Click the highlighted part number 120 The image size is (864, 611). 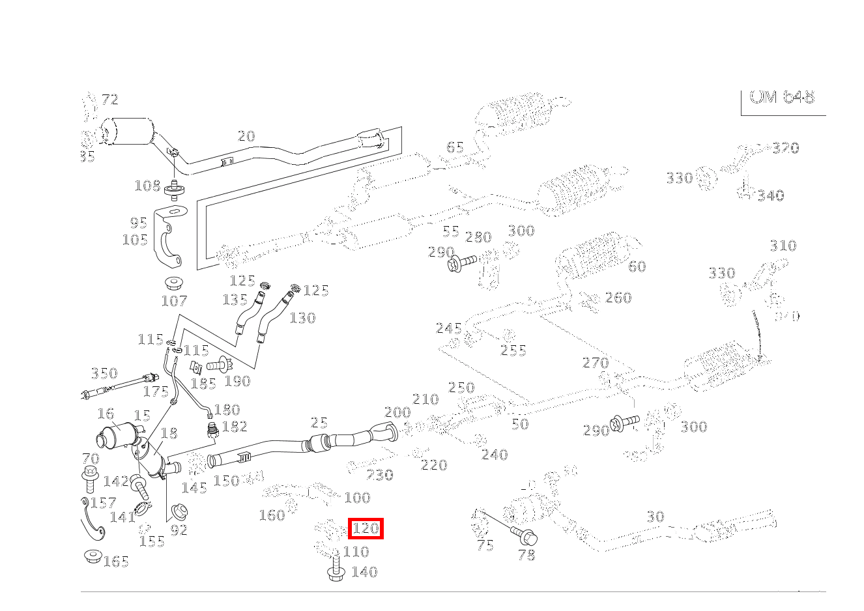(x=366, y=529)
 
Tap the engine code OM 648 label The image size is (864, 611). (x=782, y=97)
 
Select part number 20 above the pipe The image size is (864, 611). (x=246, y=136)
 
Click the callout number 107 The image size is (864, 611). (x=174, y=301)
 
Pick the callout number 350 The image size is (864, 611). (x=104, y=373)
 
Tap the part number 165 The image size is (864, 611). (x=116, y=561)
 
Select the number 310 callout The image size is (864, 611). (x=783, y=246)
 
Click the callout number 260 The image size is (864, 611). (x=618, y=298)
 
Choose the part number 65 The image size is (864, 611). (x=455, y=147)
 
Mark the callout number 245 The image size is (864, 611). (x=449, y=328)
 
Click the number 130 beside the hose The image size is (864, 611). (x=302, y=318)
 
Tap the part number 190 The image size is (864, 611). (x=237, y=381)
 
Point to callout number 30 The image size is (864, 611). (x=655, y=517)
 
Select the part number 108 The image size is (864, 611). (x=147, y=186)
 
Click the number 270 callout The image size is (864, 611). (x=596, y=363)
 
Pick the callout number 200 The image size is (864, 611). (x=397, y=412)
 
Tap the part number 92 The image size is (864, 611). (x=179, y=530)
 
